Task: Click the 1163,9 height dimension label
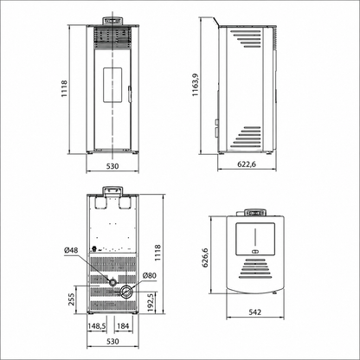coord(196,85)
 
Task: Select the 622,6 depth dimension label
coord(247,164)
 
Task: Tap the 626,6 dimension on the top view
coord(205,258)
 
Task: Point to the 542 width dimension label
coord(254,312)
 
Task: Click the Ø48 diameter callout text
coord(71,250)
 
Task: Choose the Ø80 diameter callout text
coord(150,275)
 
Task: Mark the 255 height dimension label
coord(71,299)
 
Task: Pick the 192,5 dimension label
coord(150,303)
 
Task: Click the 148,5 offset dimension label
coord(97,326)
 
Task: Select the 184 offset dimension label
coord(123,326)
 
